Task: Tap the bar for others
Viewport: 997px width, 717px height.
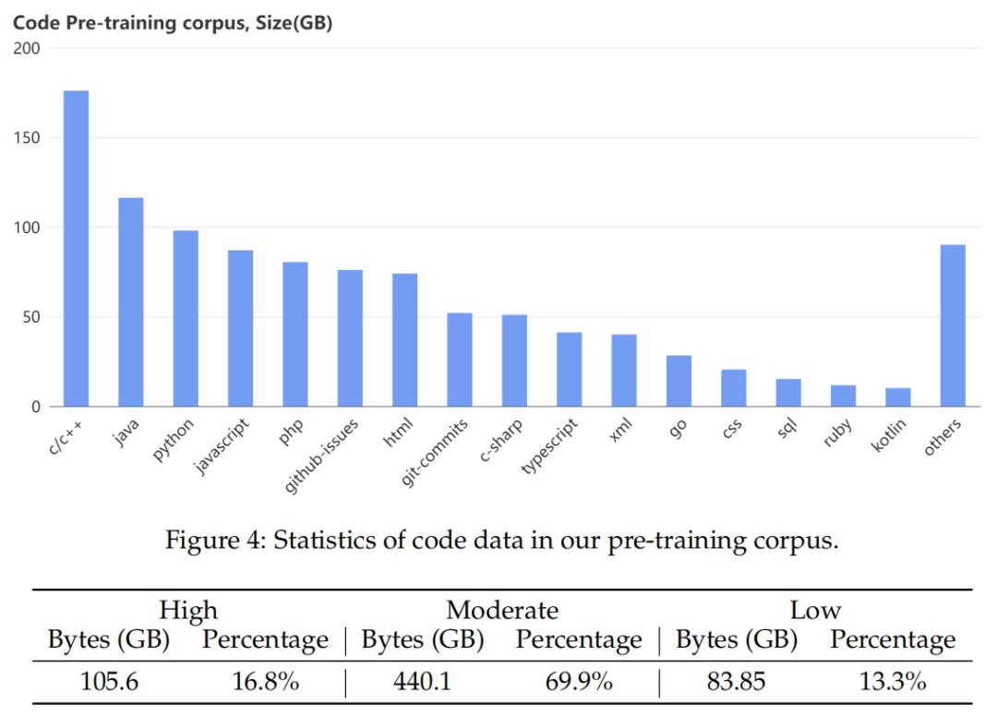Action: (953, 325)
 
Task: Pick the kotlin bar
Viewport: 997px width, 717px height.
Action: (898, 397)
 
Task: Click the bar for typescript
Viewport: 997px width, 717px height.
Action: (569, 370)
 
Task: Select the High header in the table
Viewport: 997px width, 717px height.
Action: (188, 610)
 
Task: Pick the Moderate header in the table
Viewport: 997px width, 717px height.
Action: (502, 610)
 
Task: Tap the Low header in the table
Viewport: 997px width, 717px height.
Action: (815, 610)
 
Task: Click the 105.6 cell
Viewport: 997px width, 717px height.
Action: (109, 682)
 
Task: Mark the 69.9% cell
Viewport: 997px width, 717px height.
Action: (578, 682)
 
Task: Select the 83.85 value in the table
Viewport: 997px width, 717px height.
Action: (737, 682)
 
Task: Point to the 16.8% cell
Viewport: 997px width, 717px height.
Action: (265, 682)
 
